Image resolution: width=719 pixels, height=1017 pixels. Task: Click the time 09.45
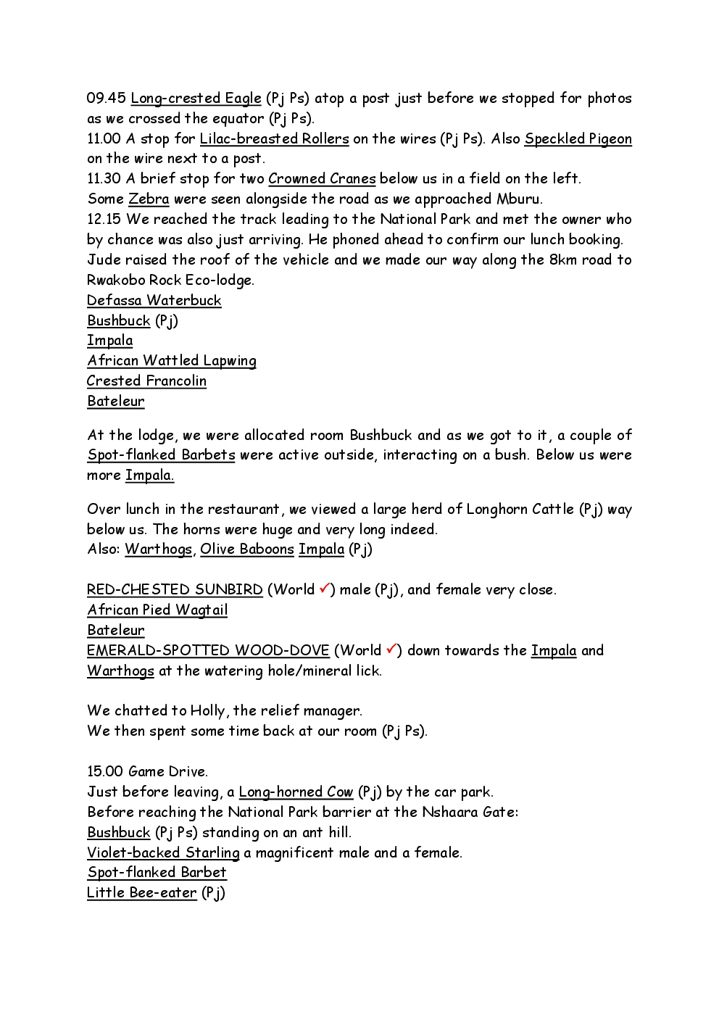click(106, 98)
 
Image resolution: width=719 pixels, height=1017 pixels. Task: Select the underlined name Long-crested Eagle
click(196, 98)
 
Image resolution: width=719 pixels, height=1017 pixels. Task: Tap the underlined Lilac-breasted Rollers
click(274, 138)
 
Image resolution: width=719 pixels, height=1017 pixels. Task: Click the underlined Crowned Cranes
click(322, 178)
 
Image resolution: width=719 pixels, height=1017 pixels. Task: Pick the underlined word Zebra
click(149, 199)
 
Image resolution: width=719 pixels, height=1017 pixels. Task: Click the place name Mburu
click(518, 199)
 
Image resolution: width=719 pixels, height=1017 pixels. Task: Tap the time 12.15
click(104, 219)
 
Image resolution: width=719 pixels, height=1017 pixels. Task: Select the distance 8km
click(562, 260)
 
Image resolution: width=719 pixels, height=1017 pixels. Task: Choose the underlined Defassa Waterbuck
click(154, 300)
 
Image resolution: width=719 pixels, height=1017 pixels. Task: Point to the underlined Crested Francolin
click(146, 381)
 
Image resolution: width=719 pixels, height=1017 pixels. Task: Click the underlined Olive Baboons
click(247, 549)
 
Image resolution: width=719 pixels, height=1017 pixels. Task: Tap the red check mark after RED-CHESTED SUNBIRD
click(324, 588)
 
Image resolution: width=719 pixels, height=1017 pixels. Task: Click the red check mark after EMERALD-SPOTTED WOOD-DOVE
click(391, 649)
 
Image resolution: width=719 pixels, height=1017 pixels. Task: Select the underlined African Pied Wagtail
click(157, 610)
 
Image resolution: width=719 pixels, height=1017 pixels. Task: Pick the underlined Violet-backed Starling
click(163, 852)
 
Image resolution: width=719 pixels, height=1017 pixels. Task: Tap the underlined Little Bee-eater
click(141, 892)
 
